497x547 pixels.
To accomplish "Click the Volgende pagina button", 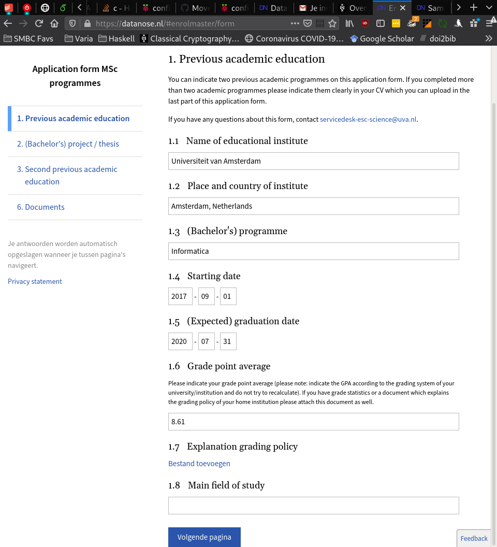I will point(204,537).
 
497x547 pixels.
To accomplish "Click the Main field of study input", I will point(313,506).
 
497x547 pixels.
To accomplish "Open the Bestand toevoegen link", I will point(199,464).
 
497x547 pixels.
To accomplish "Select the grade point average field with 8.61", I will point(313,422).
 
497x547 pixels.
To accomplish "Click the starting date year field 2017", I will point(180,296).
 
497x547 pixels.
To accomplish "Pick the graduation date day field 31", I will point(228,341).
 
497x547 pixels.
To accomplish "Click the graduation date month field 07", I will point(207,341).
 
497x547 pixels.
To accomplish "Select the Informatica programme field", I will point(313,251).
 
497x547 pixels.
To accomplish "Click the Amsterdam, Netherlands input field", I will point(313,206).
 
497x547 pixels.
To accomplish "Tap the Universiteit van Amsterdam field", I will point(313,161).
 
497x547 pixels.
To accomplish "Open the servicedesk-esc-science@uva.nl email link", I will point(368,119).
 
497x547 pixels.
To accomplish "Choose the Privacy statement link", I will point(35,281).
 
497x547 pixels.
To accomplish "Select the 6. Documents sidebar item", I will point(41,207).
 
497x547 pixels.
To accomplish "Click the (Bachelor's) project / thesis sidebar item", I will point(68,144).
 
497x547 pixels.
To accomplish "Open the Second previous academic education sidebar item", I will point(67,175).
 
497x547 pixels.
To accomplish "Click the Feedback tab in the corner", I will point(474,538).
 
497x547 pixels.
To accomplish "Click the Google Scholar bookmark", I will point(386,38).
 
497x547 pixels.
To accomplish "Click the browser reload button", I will point(39,23).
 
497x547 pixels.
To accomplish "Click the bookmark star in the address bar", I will point(332,23).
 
